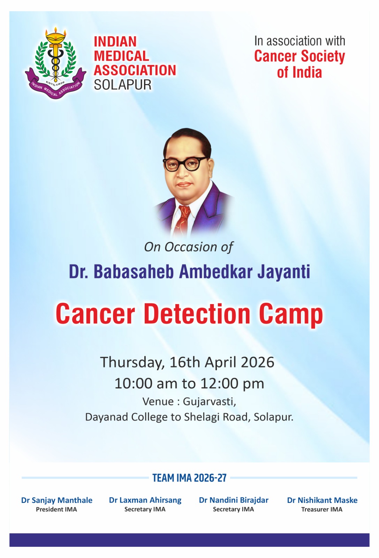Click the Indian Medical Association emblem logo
click(55, 63)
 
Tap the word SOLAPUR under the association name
click(122, 85)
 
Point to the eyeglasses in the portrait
click(185, 163)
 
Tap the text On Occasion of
click(189, 247)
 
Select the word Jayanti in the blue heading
click(283, 272)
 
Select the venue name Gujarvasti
click(210, 402)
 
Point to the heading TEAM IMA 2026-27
click(190, 478)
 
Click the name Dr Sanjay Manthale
click(57, 500)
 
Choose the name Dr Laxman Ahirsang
click(145, 500)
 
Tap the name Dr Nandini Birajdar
click(234, 500)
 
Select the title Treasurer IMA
click(322, 510)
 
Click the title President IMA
click(56, 510)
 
